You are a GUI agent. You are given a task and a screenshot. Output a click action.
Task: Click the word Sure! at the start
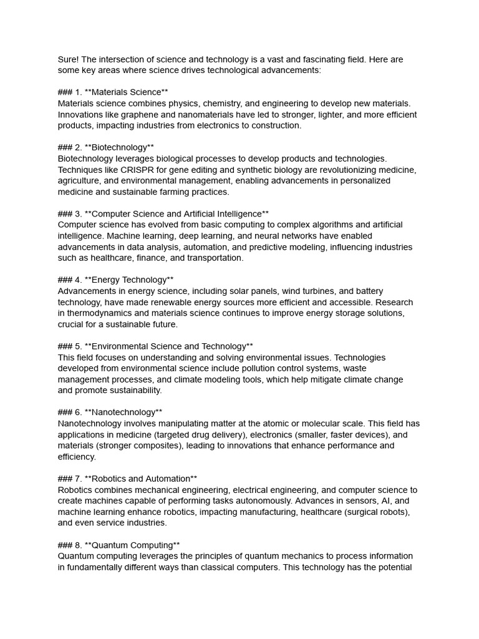coord(68,59)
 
